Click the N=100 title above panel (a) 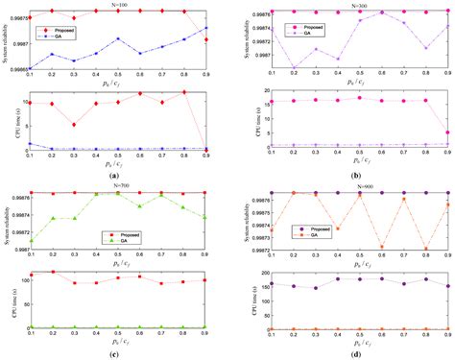coord(118,5)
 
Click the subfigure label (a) coord(115,176)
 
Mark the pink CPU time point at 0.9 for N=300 coord(447,132)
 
